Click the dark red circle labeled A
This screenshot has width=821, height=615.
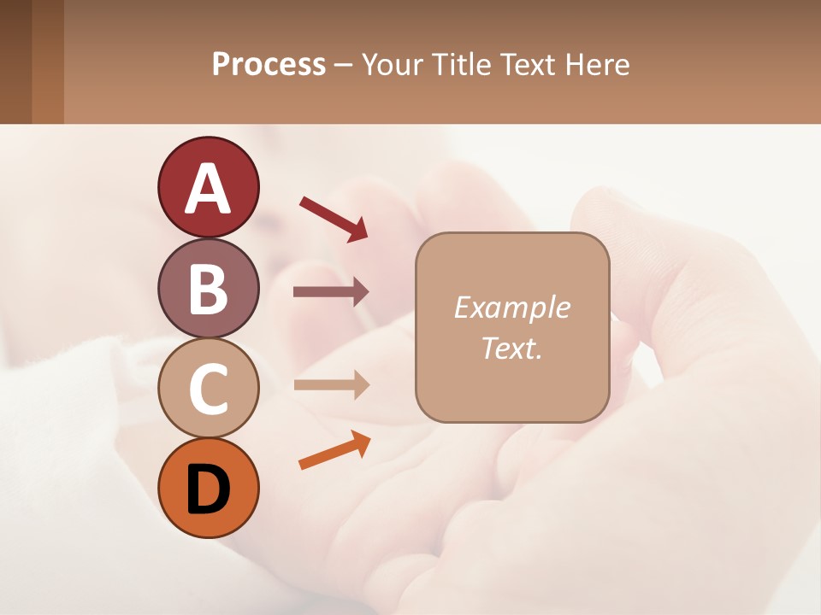tap(208, 187)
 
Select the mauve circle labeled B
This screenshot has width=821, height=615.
tap(208, 288)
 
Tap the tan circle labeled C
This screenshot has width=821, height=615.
tap(208, 389)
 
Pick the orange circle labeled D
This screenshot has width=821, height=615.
tap(208, 488)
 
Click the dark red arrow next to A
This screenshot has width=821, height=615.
tap(334, 219)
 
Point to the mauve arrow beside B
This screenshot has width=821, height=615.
tap(331, 292)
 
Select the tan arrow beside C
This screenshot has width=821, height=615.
tap(331, 384)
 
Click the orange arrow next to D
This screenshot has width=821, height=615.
tap(334, 450)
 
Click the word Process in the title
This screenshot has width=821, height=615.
tap(269, 65)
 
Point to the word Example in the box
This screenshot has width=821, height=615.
tap(511, 307)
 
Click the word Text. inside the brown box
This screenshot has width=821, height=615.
tap(511, 348)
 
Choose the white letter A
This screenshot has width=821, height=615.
tap(208, 189)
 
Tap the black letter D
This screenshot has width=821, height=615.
tap(208, 489)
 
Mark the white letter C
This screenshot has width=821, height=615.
tap(208, 389)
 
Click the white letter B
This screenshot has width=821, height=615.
tap(208, 289)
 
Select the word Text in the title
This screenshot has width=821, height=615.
tap(529, 65)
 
